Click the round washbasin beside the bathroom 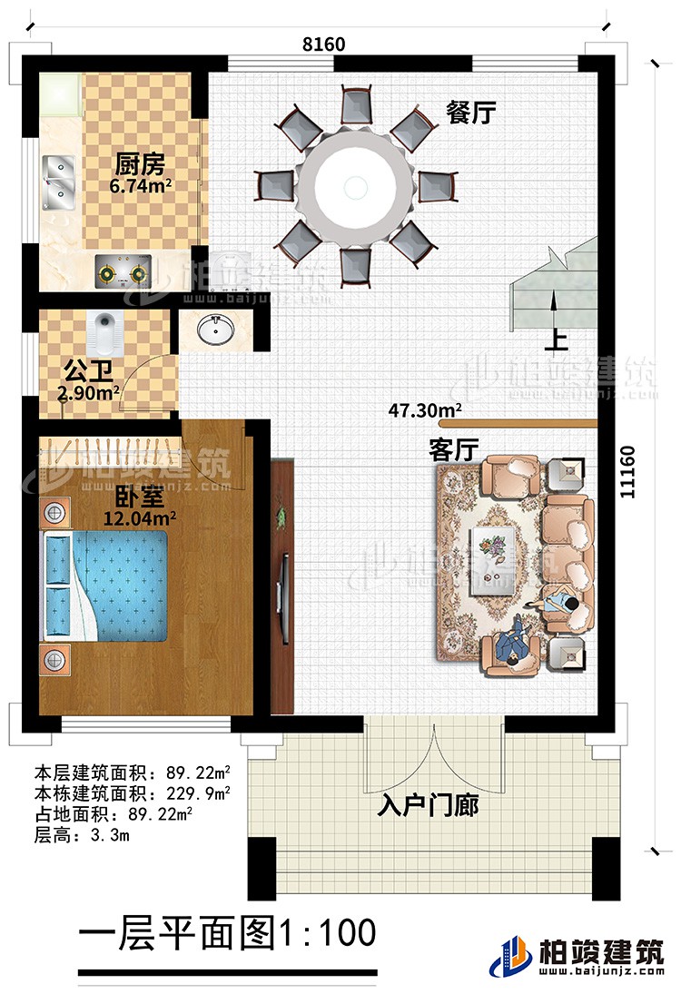point(217,330)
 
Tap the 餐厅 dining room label point(470,112)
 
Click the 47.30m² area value point(422,411)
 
